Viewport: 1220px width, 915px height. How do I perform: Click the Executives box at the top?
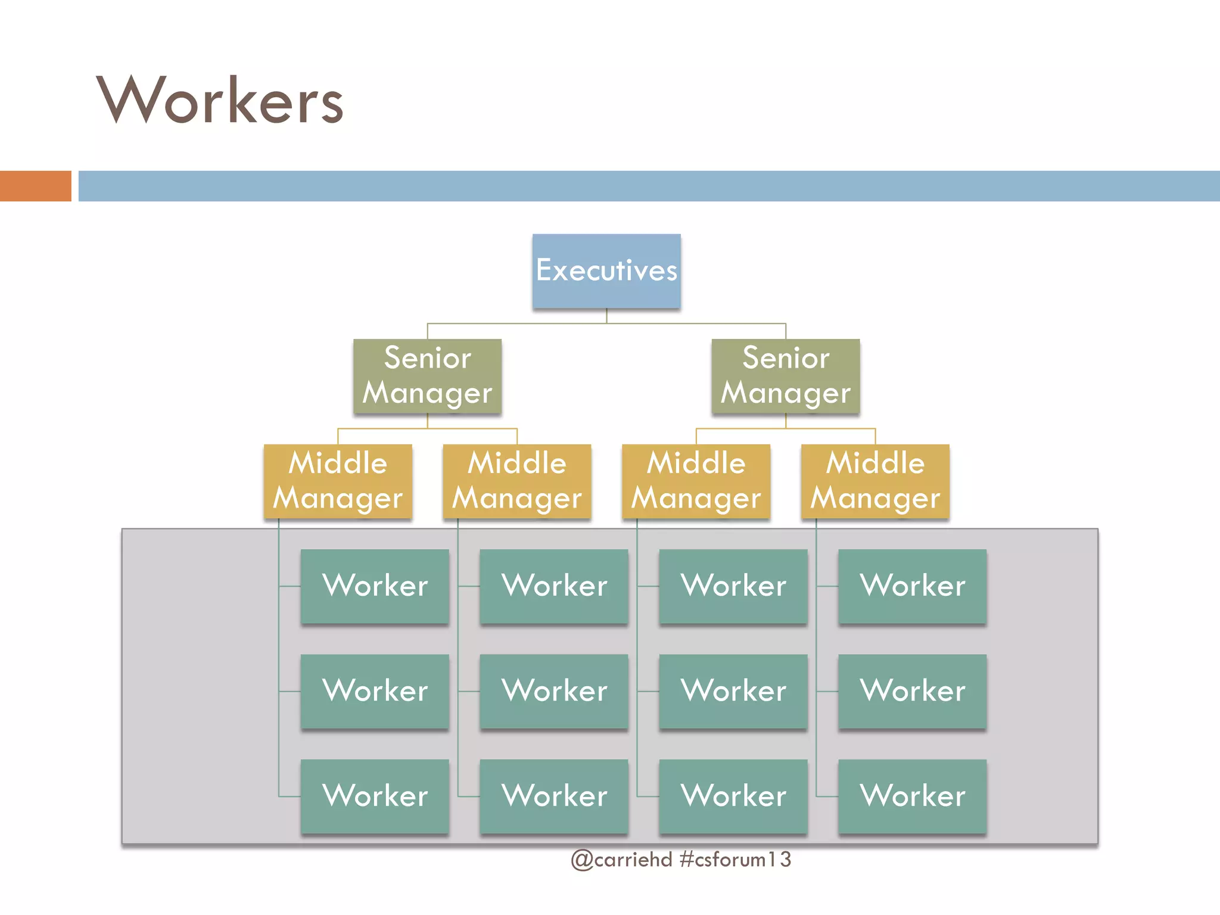pos(606,271)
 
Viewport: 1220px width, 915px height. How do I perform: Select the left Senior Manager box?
pos(427,376)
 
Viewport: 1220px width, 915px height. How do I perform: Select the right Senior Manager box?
pos(786,376)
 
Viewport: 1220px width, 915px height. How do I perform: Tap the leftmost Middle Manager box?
pos(338,481)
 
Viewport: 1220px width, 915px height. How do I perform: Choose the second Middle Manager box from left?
pos(517,481)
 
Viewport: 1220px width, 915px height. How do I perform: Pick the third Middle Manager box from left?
pos(696,481)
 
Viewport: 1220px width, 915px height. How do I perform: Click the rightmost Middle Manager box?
pos(875,481)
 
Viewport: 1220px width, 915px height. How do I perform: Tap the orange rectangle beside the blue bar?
pos(35,186)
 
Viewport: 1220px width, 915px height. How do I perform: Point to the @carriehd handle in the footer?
pos(621,859)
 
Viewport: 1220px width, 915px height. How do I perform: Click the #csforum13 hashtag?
pos(735,859)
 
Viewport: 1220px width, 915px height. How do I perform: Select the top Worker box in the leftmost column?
pos(375,586)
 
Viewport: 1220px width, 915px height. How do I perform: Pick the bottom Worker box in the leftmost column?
pos(375,796)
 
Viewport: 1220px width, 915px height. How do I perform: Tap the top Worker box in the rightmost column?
pos(912,586)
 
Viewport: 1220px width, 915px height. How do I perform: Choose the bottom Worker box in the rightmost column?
pos(912,796)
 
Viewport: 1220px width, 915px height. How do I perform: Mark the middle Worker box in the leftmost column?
pos(375,691)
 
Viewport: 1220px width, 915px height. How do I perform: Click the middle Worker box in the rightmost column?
pos(912,691)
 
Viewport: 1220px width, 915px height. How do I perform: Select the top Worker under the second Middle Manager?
pos(554,586)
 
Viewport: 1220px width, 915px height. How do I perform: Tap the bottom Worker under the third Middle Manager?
pos(733,796)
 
